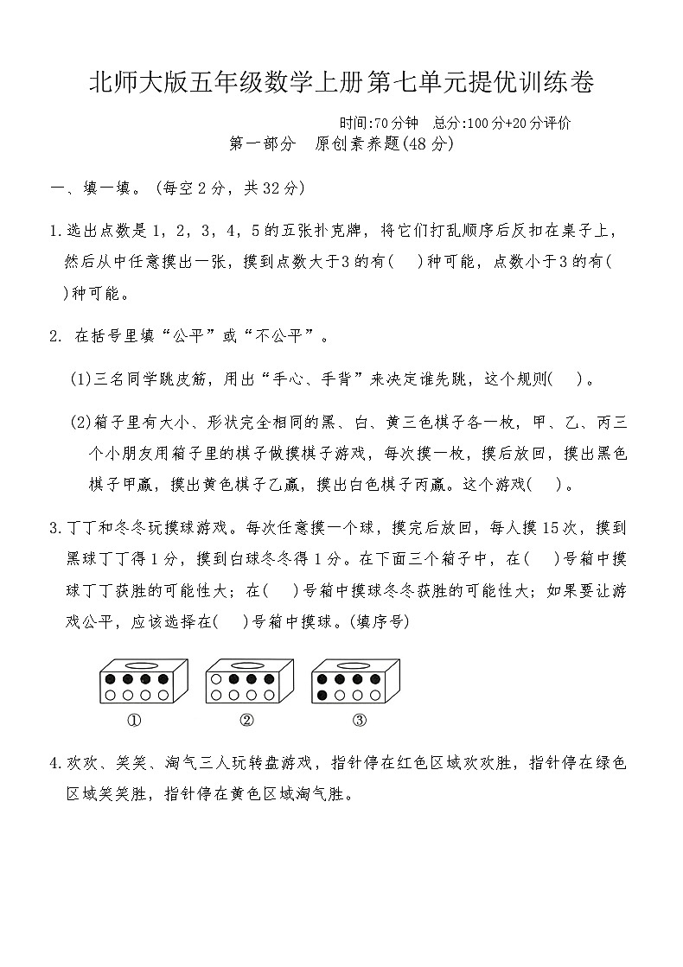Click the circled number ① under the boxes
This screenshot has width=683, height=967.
coord(134,721)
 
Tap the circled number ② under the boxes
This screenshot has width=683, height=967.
coord(246,721)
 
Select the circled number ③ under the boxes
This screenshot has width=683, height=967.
coord(360,721)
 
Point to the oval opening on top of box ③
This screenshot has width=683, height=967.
coord(354,665)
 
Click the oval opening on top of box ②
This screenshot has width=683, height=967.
coord(249,665)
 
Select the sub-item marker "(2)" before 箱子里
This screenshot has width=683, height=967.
coord(81,422)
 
